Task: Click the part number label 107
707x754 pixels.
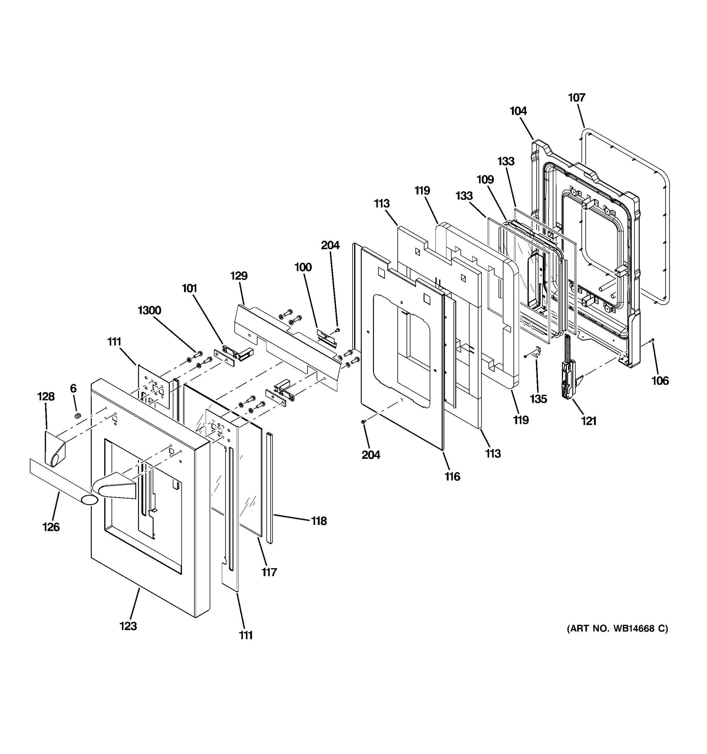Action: coord(577,97)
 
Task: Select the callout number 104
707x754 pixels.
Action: coord(518,111)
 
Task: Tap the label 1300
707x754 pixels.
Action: coord(150,310)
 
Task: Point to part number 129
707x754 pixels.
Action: coord(239,276)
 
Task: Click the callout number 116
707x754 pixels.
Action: coord(452,476)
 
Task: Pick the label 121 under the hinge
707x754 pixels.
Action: coord(589,421)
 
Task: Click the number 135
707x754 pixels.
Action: coord(539,399)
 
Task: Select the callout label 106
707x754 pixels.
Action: coord(660,380)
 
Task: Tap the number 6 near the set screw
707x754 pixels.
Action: coord(73,388)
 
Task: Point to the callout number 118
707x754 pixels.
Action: coord(319,521)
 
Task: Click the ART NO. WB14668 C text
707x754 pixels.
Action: coord(617,628)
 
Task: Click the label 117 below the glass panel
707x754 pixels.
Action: coord(269,572)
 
